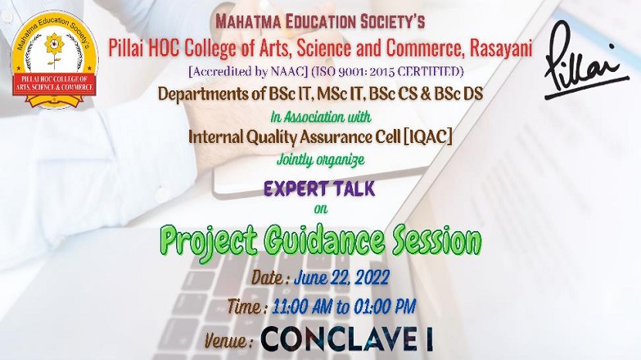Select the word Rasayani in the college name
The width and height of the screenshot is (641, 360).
click(501, 48)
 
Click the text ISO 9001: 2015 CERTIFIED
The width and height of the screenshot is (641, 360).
click(388, 72)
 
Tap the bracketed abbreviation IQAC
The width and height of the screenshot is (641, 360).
click(428, 137)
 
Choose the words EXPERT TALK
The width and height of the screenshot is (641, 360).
click(320, 188)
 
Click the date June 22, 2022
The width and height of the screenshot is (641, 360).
click(341, 278)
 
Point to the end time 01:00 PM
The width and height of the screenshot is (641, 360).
click(385, 307)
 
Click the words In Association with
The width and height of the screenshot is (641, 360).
click(321, 117)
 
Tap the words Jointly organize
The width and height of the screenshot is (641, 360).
click(320, 160)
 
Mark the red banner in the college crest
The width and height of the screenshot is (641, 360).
click(54, 85)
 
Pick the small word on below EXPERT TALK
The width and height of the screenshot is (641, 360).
click(321, 209)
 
